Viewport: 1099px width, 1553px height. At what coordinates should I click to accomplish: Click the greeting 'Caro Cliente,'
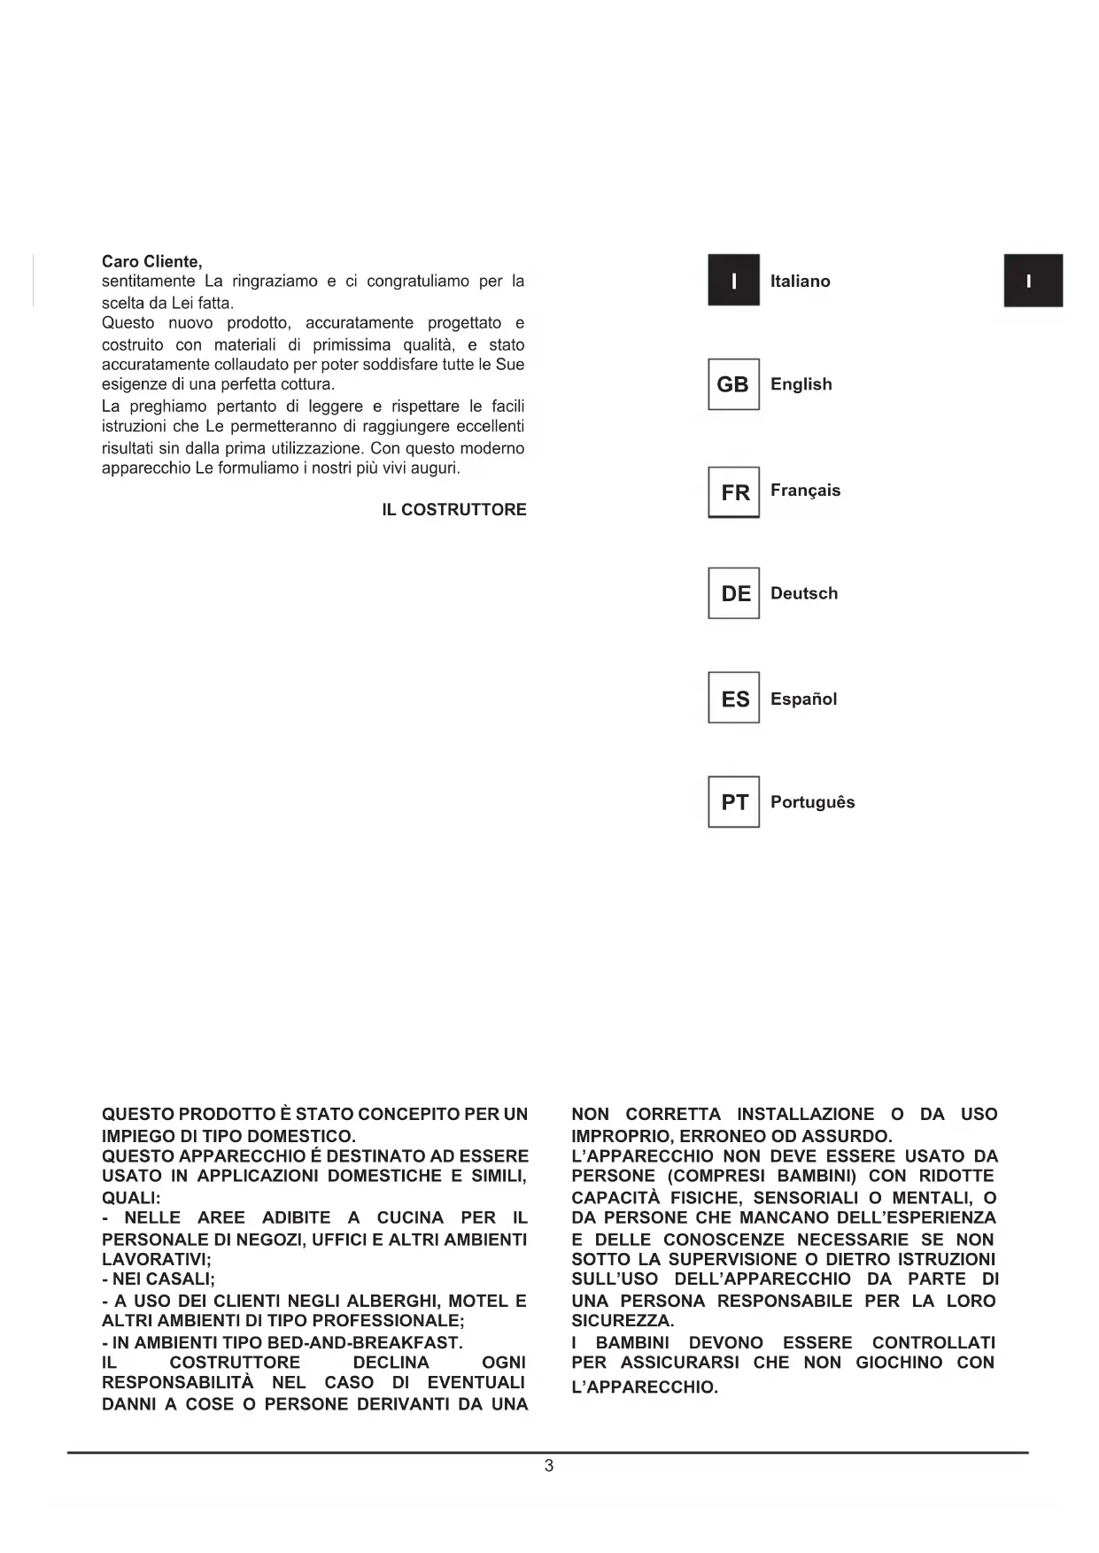click(x=151, y=261)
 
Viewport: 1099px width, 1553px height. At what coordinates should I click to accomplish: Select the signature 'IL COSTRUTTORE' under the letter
click(x=453, y=509)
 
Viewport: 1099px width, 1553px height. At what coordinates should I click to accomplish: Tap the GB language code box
click(x=733, y=384)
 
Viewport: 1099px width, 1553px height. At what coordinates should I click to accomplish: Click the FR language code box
click(x=734, y=492)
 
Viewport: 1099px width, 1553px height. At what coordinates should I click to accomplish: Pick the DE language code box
click(x=734, y=593)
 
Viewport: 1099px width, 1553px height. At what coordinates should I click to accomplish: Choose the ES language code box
click(x=734, y=699)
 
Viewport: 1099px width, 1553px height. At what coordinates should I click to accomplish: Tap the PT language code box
click(x=734, y=802)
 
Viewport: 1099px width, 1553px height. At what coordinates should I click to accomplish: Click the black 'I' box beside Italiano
click(x=733, y=281)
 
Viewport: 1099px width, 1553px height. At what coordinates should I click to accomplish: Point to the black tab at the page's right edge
click(x=1033, y=281)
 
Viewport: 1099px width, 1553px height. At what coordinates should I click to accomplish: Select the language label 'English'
click(x=801, y=384)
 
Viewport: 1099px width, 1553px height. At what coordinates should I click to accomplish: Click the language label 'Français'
click(x=805, y=491)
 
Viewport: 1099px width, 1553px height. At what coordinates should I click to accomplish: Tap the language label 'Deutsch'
click(x=803, y=593)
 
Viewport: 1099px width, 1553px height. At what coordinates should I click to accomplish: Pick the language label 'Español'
click(x=803, y=699)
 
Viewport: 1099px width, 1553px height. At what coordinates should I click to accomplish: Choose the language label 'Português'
click(x=812, y=802)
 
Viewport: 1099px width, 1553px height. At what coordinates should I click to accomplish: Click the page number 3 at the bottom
click(x=549, y=1465)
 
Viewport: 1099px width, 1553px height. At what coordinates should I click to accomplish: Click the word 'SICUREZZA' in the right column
click(x=621, y=1321)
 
